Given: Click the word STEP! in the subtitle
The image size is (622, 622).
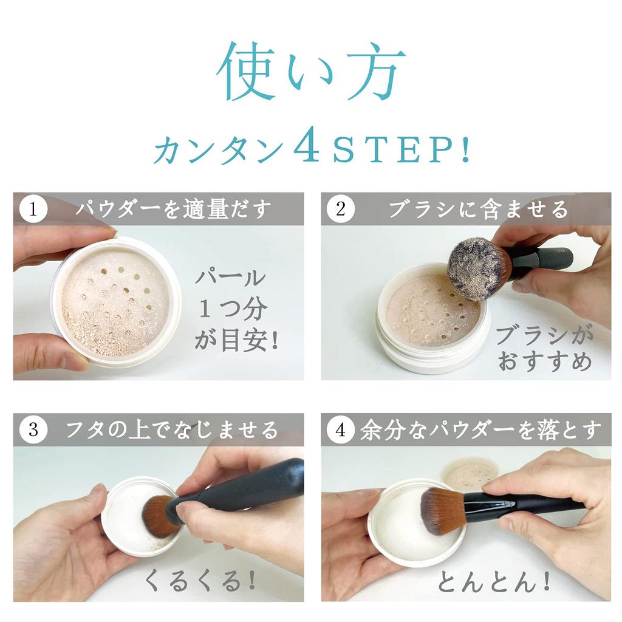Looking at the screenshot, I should [401, 148].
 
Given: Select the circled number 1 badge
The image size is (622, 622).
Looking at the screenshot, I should [33, 210].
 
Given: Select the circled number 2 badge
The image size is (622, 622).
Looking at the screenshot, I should [340, 210].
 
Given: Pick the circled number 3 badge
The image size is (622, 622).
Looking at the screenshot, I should [33, 430].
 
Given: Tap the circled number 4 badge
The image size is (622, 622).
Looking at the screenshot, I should [340, 430].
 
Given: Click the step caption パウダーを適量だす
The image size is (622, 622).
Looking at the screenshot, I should [173, 210].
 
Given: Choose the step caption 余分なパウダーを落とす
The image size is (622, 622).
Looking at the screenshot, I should [480, 431].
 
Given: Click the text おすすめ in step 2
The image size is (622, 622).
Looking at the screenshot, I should [544, 362].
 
